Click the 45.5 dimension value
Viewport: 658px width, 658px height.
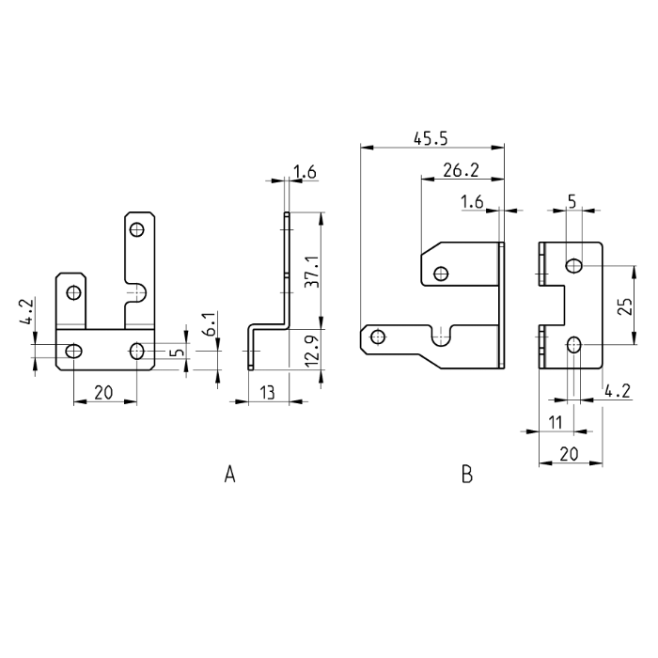tap(431, 138)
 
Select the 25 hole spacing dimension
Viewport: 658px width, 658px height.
tap(628, 305)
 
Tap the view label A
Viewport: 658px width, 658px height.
tap(229, 475)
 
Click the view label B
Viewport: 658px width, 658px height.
tap(467, 475)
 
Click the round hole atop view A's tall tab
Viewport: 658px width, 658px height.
tap(137, 228)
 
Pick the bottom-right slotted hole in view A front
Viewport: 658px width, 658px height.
tap(137, 352)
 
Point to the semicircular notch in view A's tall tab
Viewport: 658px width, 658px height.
tap(137, 289)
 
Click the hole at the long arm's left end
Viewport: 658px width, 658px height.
tap(378, 337)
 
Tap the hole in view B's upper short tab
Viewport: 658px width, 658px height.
tap(441, 274)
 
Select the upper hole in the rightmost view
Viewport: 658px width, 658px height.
tap(573, 266)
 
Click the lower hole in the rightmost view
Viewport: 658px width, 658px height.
tap(573, 345)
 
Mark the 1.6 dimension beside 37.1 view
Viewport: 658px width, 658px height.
tap(305, 171)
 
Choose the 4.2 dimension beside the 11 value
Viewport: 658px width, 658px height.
tap(618, 390)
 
